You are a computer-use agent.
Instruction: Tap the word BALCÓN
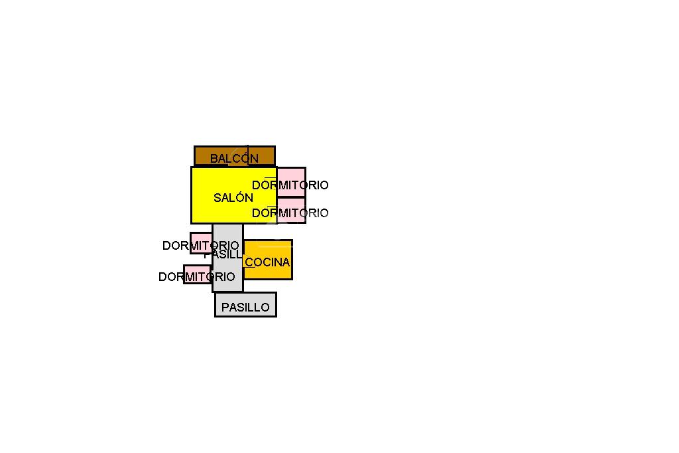pos(234,159)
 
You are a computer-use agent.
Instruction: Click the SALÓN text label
pos(233,197)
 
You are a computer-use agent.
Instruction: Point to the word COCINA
pos(267,262)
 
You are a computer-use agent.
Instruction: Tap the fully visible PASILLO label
pos(245,308)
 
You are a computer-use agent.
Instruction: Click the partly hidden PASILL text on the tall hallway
pos(223,254)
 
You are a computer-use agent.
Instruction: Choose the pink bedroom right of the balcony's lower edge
pos(295,175)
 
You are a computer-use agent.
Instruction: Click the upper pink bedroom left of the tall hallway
pos(197,238)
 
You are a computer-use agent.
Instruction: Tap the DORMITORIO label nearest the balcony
pos(290,185)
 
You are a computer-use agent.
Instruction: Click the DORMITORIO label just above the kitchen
pos(290,213)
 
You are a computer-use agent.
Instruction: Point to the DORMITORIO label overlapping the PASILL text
pos(200,246)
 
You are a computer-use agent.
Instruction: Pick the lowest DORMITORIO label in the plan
pos(196,277)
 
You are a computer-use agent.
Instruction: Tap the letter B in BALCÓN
pos(214,159)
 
